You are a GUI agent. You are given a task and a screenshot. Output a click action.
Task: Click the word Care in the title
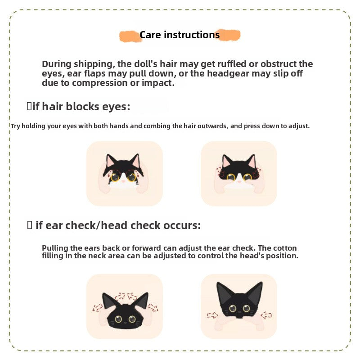coord(150,35)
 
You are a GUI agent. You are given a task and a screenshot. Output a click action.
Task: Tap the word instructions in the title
coord(192,35)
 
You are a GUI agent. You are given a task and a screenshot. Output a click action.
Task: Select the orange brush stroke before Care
coord(130,36)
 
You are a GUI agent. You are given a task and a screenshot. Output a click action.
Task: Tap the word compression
coord(100,83)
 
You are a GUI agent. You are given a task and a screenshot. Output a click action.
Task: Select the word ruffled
coord(232,64)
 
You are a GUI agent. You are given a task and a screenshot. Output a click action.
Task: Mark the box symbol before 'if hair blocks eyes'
coord(29,106)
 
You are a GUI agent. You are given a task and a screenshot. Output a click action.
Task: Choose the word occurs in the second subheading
coord(182,226)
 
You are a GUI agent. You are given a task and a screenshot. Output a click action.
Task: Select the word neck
coord(97,256)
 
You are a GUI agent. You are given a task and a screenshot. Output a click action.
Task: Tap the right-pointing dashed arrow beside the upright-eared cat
coord(212,315)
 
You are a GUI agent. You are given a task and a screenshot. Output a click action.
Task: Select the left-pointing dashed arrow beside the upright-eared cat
coord(266,315)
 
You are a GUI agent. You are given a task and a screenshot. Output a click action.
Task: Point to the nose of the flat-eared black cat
coord(125,323)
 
